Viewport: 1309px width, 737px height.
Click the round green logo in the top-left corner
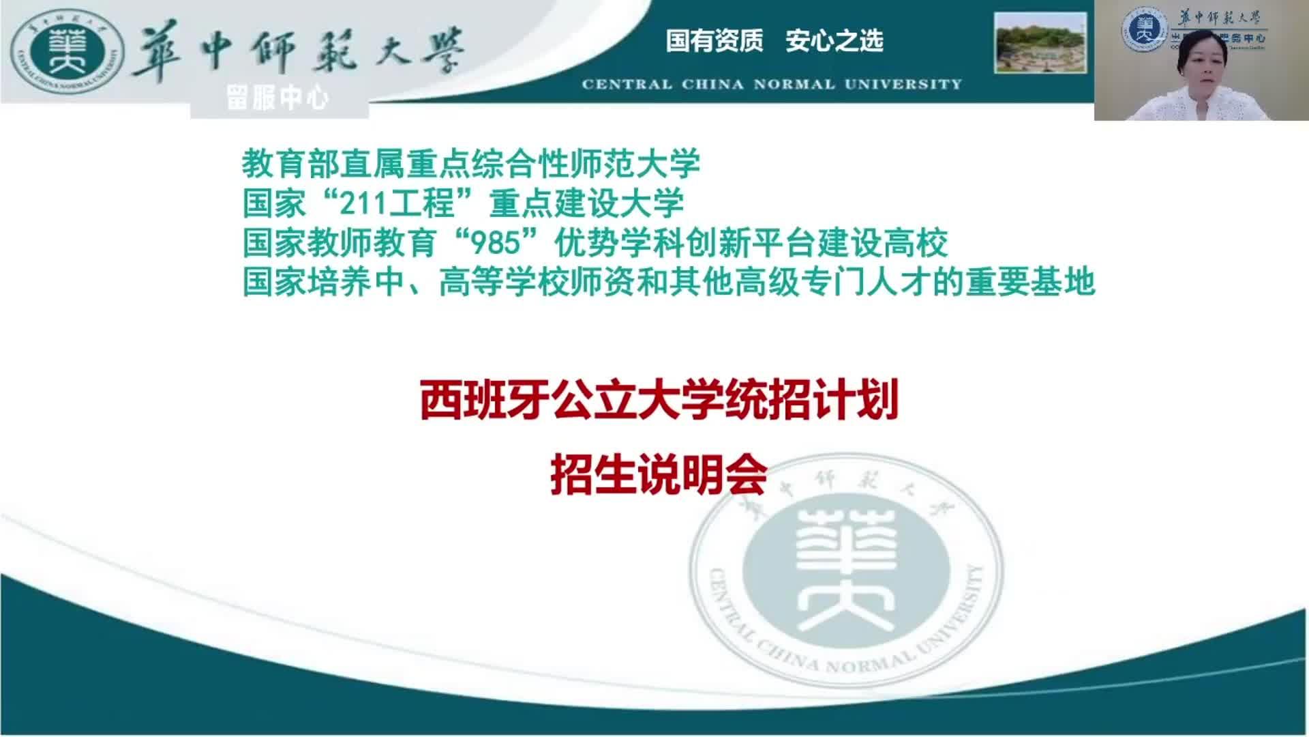coord(67,55)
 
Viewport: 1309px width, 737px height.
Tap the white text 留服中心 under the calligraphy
coord(277,99)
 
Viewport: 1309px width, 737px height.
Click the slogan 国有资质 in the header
coord(714,41)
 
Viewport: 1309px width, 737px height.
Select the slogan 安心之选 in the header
coord(834,41)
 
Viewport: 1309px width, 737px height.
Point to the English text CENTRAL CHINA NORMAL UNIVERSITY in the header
coord(772,85)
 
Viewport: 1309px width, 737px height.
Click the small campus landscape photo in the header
coord(1040,42)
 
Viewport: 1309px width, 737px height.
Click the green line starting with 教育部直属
coord(471,164)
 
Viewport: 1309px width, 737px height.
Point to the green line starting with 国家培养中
coord(669,282)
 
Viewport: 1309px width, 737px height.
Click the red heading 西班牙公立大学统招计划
coord(659,401)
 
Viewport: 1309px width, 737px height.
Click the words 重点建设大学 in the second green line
coord(586,203)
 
